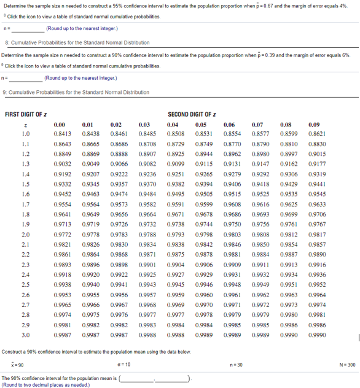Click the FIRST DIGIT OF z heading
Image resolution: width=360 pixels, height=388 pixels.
click(29, 114)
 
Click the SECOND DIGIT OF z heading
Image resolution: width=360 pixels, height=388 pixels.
click(192, 114)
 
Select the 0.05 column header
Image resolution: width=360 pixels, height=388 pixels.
click(200, 124)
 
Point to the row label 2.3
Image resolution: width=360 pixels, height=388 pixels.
click(26, 264)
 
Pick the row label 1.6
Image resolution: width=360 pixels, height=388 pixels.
click(26, 193)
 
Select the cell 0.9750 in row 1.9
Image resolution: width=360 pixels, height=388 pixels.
click(232, 224)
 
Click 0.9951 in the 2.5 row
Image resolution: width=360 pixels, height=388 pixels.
click(288, 284)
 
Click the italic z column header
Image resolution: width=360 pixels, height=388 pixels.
click(26, 124)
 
